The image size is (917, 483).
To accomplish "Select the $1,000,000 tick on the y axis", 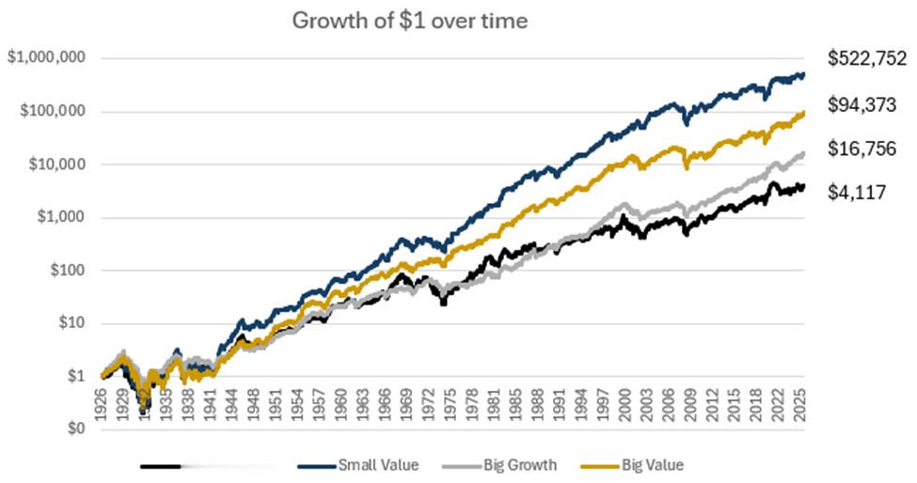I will [46, 58].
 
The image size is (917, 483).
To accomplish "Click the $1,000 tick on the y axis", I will [58, 218].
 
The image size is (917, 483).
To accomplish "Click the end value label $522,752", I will [866, 58].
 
